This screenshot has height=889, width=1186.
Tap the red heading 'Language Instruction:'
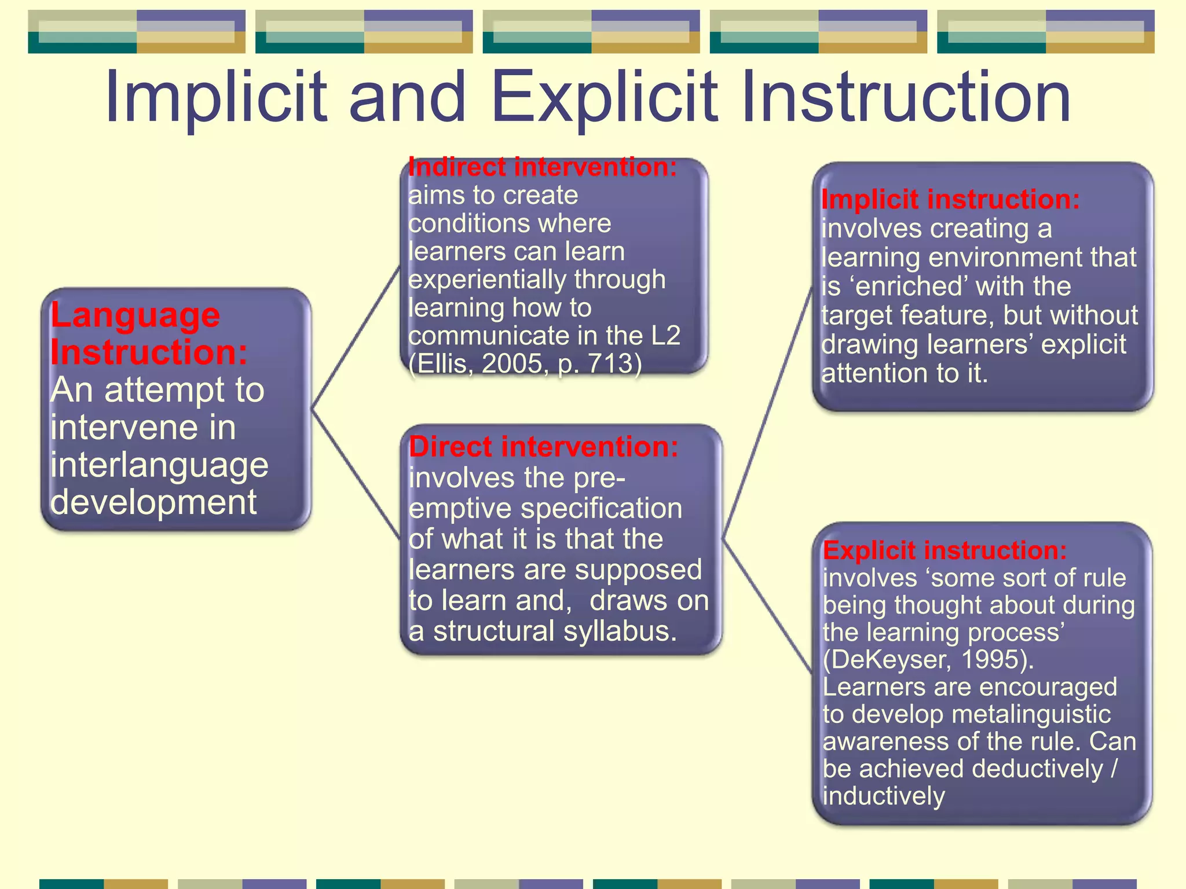tap(148, 334)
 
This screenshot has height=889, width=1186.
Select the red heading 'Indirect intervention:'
tap(543, 167)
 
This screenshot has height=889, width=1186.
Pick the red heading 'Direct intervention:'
tap(543, 447)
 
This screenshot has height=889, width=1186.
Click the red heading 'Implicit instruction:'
tap(950, 200)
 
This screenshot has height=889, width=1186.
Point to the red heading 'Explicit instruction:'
tap(945, 550)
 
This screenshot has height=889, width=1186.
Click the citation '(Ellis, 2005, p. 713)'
tap(525, 364)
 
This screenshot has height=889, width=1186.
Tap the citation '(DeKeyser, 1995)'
tap(928, 660)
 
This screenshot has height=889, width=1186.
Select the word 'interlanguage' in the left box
tap(159, 465)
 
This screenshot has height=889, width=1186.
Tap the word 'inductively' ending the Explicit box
tap(884, 796)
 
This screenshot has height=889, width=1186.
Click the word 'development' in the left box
tap(153, 502)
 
